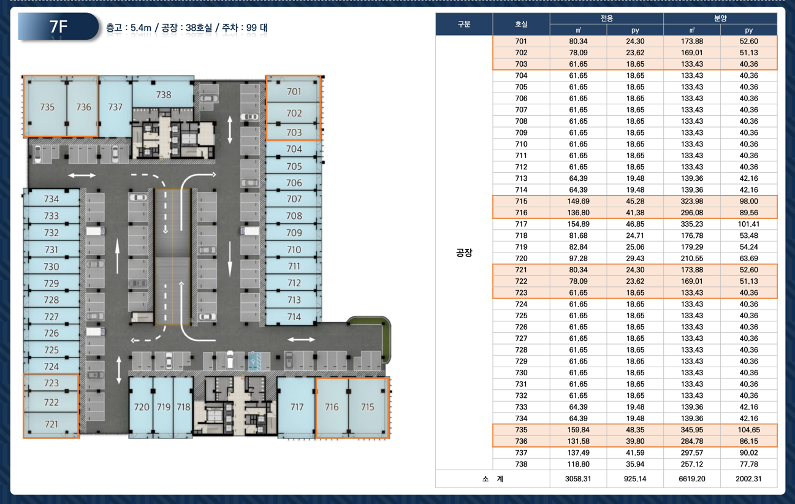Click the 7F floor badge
(x=58, y=26)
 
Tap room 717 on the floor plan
(x=296, y=407)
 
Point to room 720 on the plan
(x=141, y=407)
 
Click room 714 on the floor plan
(x=294, y=316)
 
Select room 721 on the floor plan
(x=51, y=424)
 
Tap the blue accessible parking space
(x=255, y=361)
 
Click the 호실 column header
(x=521, y=24)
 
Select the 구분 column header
(x=464, y=24)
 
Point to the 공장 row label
(x=464, y=253)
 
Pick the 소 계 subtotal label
(x=493, y=479)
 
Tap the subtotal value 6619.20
(x=692, y=479)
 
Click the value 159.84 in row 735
(x=578, y=430)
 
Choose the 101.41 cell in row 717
(x=748, y=224)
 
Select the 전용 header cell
(x=607, y=18)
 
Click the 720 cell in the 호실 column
(x=521, y=258)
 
